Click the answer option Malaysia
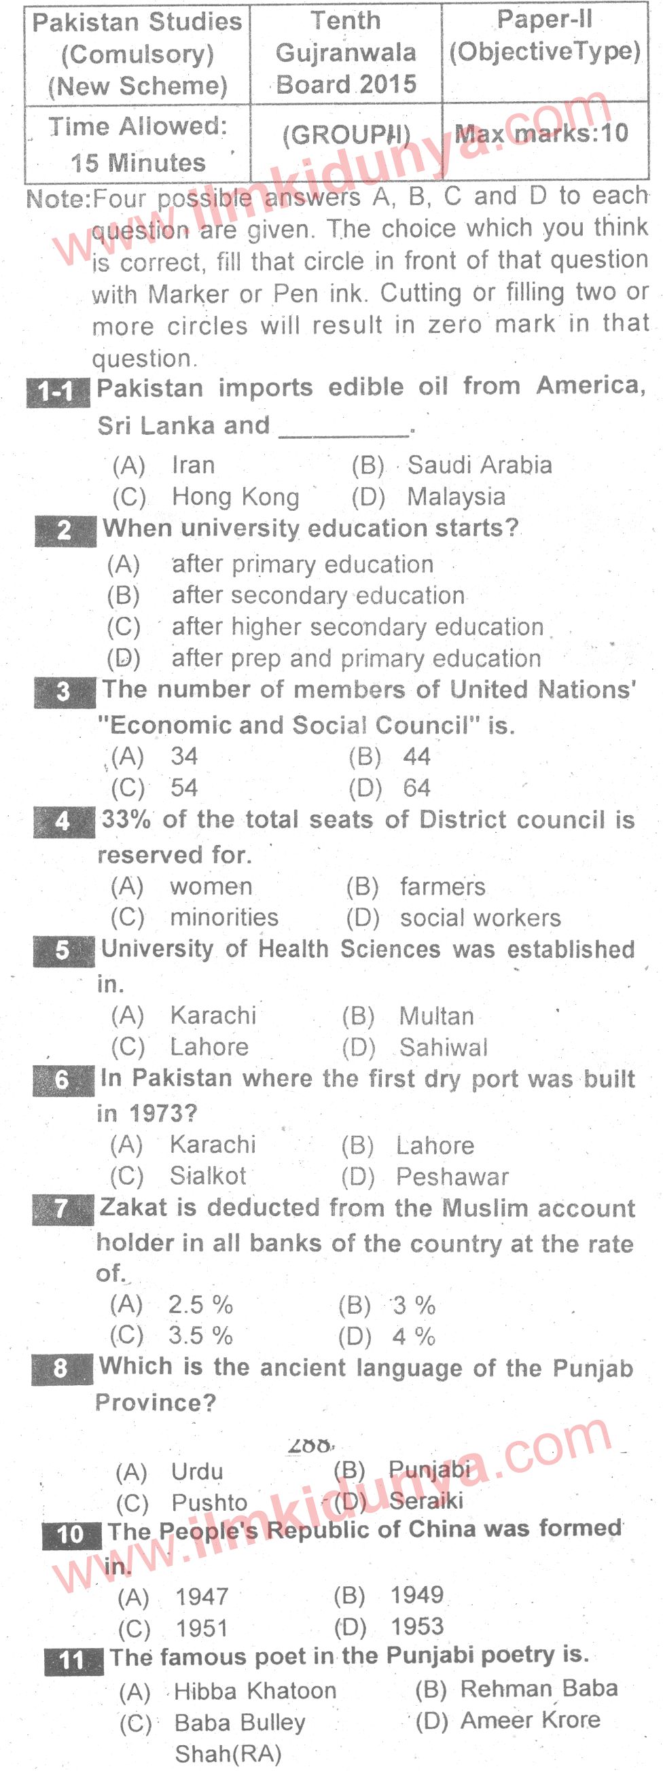456,497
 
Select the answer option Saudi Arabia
480,465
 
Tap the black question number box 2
65,530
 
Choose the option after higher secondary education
357,626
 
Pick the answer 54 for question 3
183,787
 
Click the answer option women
211,887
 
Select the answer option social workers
480,918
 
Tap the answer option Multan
436,1016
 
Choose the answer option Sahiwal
444,1047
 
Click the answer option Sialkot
208,1176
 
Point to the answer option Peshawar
452,1177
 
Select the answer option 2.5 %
200,1304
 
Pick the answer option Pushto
209,1503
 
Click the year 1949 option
417,1595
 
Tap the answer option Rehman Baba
539,1688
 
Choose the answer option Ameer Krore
531,1720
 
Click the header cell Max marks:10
542,133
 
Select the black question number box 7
61,1208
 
